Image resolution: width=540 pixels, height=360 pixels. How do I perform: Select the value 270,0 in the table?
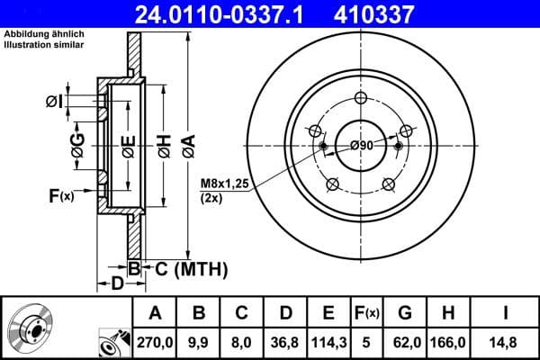tap(155, 341)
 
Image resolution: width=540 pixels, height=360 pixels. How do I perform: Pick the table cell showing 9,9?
tap(199, 341)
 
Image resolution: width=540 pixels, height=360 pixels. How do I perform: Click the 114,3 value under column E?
tap(328, 341)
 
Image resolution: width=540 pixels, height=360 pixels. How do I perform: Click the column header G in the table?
tap(406, 313)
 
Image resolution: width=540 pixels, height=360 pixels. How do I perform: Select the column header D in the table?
tap(285, 313)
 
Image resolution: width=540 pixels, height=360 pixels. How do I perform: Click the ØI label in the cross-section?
tap(55, 101)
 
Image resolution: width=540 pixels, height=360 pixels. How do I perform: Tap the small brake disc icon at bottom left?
tap(35, 328)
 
